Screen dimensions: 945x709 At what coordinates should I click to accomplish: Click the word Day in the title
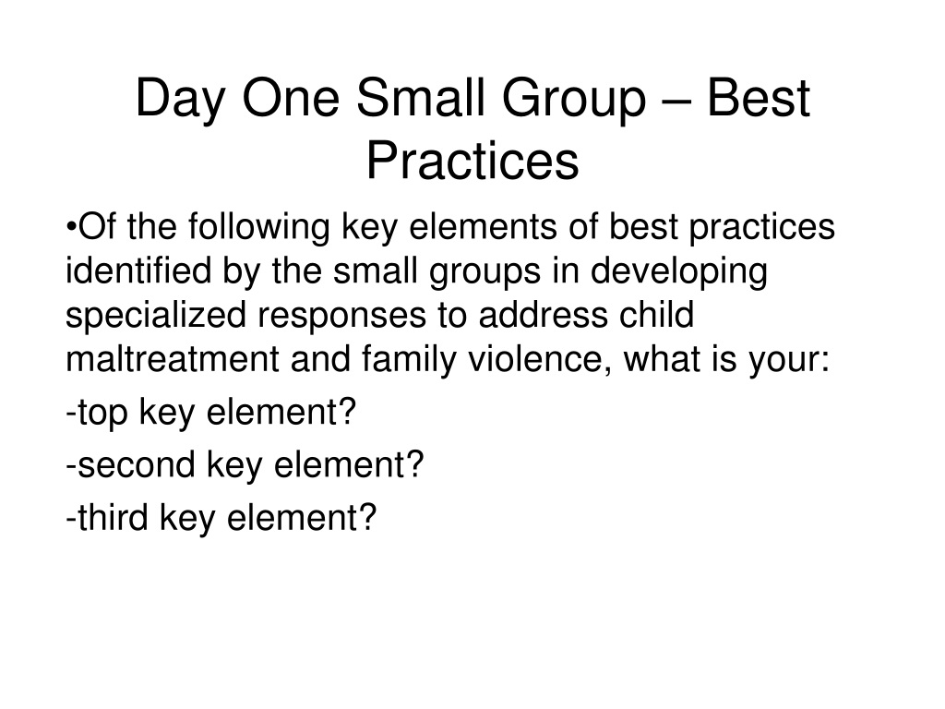(x=179, y=100)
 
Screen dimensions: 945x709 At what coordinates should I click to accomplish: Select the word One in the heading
(x=291, y=98)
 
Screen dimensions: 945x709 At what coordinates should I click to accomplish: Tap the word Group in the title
(x=574, y=100)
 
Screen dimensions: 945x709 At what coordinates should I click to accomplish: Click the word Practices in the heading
(x=472, y=161)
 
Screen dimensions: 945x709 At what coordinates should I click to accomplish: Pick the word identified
(x=138, y=270)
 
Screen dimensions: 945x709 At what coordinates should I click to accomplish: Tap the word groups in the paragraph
(x=485, y=273)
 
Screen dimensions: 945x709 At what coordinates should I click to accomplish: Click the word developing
(x=678, y=273)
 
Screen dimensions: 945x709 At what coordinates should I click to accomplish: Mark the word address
(x=543, y=315)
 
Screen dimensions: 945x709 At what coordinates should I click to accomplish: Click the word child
(x=657, y=315)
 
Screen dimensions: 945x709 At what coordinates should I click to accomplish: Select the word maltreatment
(x=173, y=359)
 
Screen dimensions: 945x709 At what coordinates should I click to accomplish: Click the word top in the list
(x=103, y=415)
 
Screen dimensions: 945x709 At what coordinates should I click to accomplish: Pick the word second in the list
(x=137, y=464)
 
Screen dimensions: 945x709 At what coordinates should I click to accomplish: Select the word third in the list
(x=114, y=517)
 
